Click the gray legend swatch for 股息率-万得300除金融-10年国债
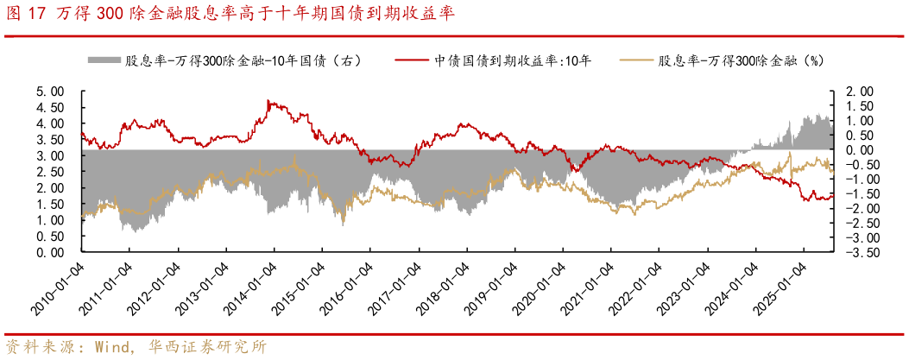pyautogui.click(x=103, y=61)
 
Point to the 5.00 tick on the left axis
pyautogui.click(x=51, y=91)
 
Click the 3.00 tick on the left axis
pyautogui.click(x=51, y=155)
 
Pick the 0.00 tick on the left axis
pyautogui.click(x=51, y=253)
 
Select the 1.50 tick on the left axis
pyautogui.click(x=51, y=205)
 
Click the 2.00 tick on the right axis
pyautogui.click(x=861, y=91)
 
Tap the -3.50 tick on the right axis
pyautogui.click(x=859, y=253)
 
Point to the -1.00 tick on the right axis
pyautogui.click(x=859, y=179)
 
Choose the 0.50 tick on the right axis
pyautogui.click(x=861, y=135)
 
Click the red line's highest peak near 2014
pyautogui.click(x=269, y=101)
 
